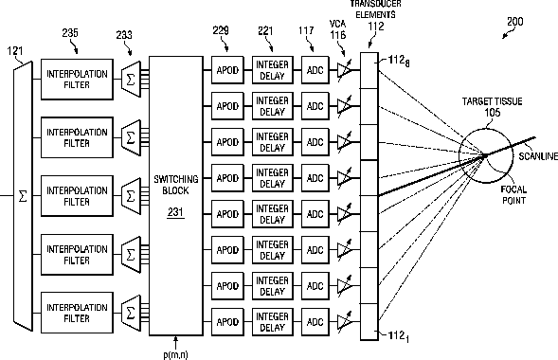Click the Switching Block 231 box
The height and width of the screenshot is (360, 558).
(x=176, y=196)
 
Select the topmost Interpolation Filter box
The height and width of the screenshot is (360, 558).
(x=77, y=80)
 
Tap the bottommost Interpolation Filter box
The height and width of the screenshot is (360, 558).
(x=77, y=313)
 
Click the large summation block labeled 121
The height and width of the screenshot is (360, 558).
(x=23, y=196)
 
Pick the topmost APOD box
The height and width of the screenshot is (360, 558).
(x=227, y=70)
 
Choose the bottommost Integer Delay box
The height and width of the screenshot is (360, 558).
(x=273, y=322)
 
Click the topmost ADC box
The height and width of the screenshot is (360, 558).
(x=315, y=70)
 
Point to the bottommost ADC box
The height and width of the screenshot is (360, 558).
(x=315, y=322)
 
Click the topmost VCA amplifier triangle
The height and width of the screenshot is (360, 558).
(x=344, y=70)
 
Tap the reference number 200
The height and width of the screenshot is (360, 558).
(x=515, y=22)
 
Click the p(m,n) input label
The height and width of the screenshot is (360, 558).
(x=175, y=354)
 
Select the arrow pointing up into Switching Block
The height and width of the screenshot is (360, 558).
(x=175, y=343)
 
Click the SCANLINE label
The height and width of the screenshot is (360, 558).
(x=538, y=156)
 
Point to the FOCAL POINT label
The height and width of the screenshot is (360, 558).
(x=513, y=194)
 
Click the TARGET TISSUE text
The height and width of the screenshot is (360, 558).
(x=493, y=101)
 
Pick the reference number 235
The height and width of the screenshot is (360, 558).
(x=70, y=33)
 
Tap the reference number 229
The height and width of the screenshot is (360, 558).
(x=221, y=30)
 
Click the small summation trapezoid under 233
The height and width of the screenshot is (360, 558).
(x=131, y=80)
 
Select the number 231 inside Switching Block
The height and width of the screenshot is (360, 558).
(x=175, y=212)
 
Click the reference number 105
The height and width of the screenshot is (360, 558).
(x=493, y=113)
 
